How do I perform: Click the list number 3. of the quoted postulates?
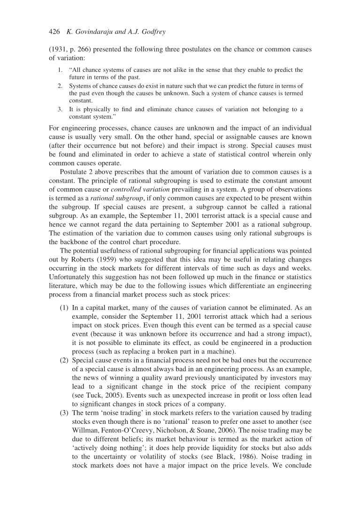click(x=61, y=109)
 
